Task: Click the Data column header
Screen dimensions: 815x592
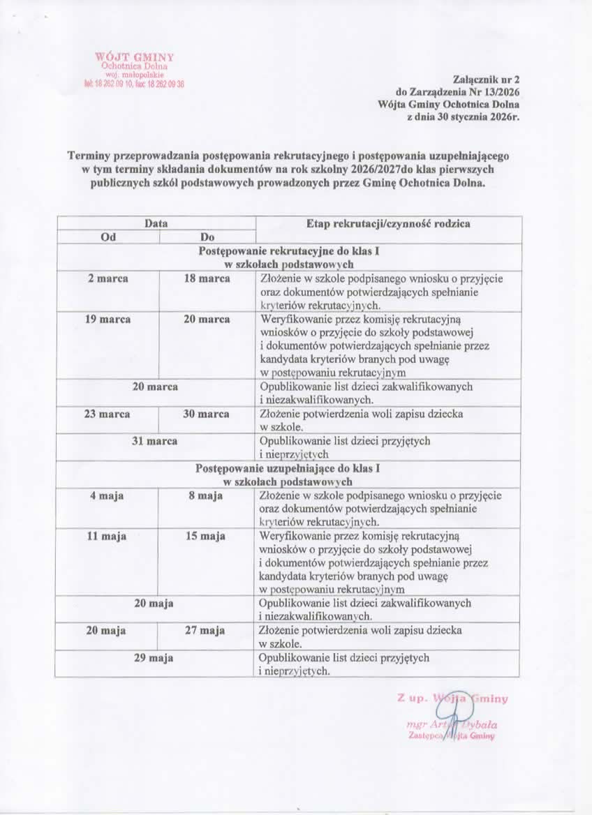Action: [156, 223]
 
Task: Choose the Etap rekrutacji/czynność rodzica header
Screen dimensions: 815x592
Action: [387, 223]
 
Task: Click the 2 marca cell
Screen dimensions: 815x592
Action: [108, 278]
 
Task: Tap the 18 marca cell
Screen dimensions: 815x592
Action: [207, 278]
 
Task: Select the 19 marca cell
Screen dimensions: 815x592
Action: [108, 319]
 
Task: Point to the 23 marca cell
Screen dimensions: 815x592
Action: [108, 414]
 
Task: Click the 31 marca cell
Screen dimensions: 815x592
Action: [156, 441]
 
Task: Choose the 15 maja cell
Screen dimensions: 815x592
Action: [207, 536]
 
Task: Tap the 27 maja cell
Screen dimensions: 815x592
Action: [207, 630]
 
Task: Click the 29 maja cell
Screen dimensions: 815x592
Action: [156, 657]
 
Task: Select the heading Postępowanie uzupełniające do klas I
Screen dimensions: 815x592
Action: [288, 468]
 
